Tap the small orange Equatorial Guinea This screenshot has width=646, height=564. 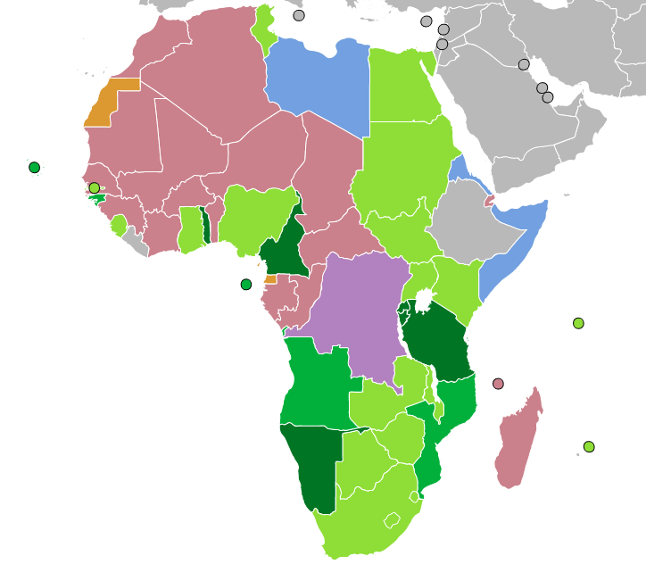click(x=270, y=279)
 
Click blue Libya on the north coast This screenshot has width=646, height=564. click(x=317, y=80)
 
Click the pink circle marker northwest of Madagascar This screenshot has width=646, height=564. click(x=498, y=384)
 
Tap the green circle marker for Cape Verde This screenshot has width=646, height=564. click(x=34, y=167)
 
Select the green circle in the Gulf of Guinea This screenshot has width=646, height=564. click(x=246, y=285)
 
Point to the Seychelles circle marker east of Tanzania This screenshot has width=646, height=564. click(x=578, y=323)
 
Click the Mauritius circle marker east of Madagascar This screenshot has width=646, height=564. click(x=589, y=446)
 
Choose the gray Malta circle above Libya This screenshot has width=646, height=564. click(x=298, y=15)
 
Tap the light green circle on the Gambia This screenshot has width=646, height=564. click(x=94, y=188)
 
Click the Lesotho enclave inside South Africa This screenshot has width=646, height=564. click(x=392, y=519)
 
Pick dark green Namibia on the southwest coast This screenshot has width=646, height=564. click(x=308, y=464)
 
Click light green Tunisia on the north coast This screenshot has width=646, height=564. click(x=263, y=31)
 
